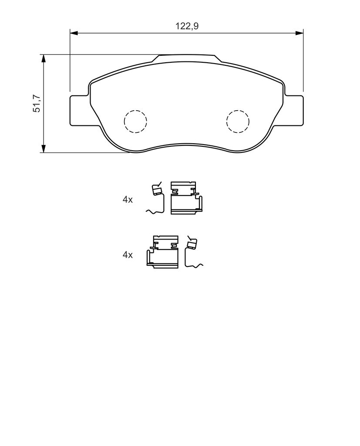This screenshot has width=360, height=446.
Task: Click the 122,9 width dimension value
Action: pyautogui.click(x=187, y=26)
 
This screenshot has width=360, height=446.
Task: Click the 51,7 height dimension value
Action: pyautogui.click(x=37, y=103)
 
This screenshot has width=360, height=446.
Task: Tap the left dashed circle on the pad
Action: pyautogui.click(x=135, y=121)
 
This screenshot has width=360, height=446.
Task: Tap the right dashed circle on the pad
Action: pyautogui.click(x=238, y=121)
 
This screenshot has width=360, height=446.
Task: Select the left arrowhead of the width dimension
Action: pyautogui.click(x=74, y=33)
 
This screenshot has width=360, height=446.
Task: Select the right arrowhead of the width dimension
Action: pyautogui.click(x=299, y=33)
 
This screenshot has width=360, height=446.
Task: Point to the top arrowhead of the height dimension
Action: pyautogui.click(x=43, y=58)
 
